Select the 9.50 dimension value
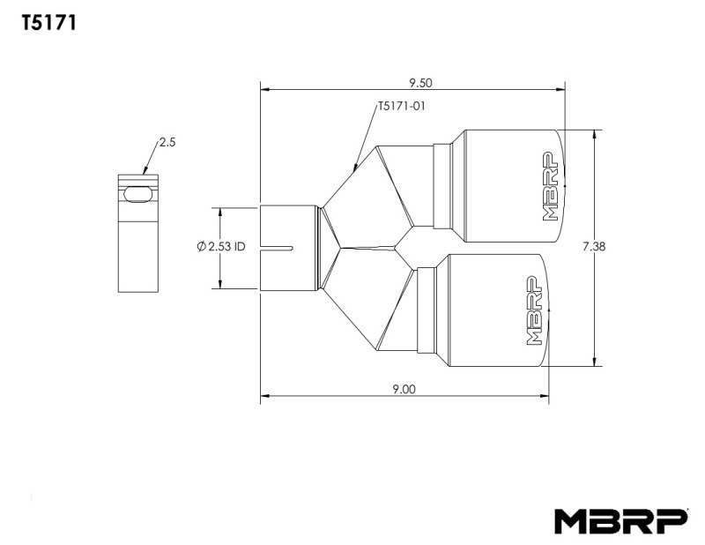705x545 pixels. (x=420, y=83)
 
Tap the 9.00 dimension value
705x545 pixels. (x=404, y=389)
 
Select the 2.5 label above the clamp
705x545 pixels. (x=168, y=141)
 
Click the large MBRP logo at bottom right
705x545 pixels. (x=620, y=520)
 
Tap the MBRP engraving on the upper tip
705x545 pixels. (x=551, y=187)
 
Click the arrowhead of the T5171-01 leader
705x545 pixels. (x=354, y=167)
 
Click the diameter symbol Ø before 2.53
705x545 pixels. (x=202, y=248)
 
